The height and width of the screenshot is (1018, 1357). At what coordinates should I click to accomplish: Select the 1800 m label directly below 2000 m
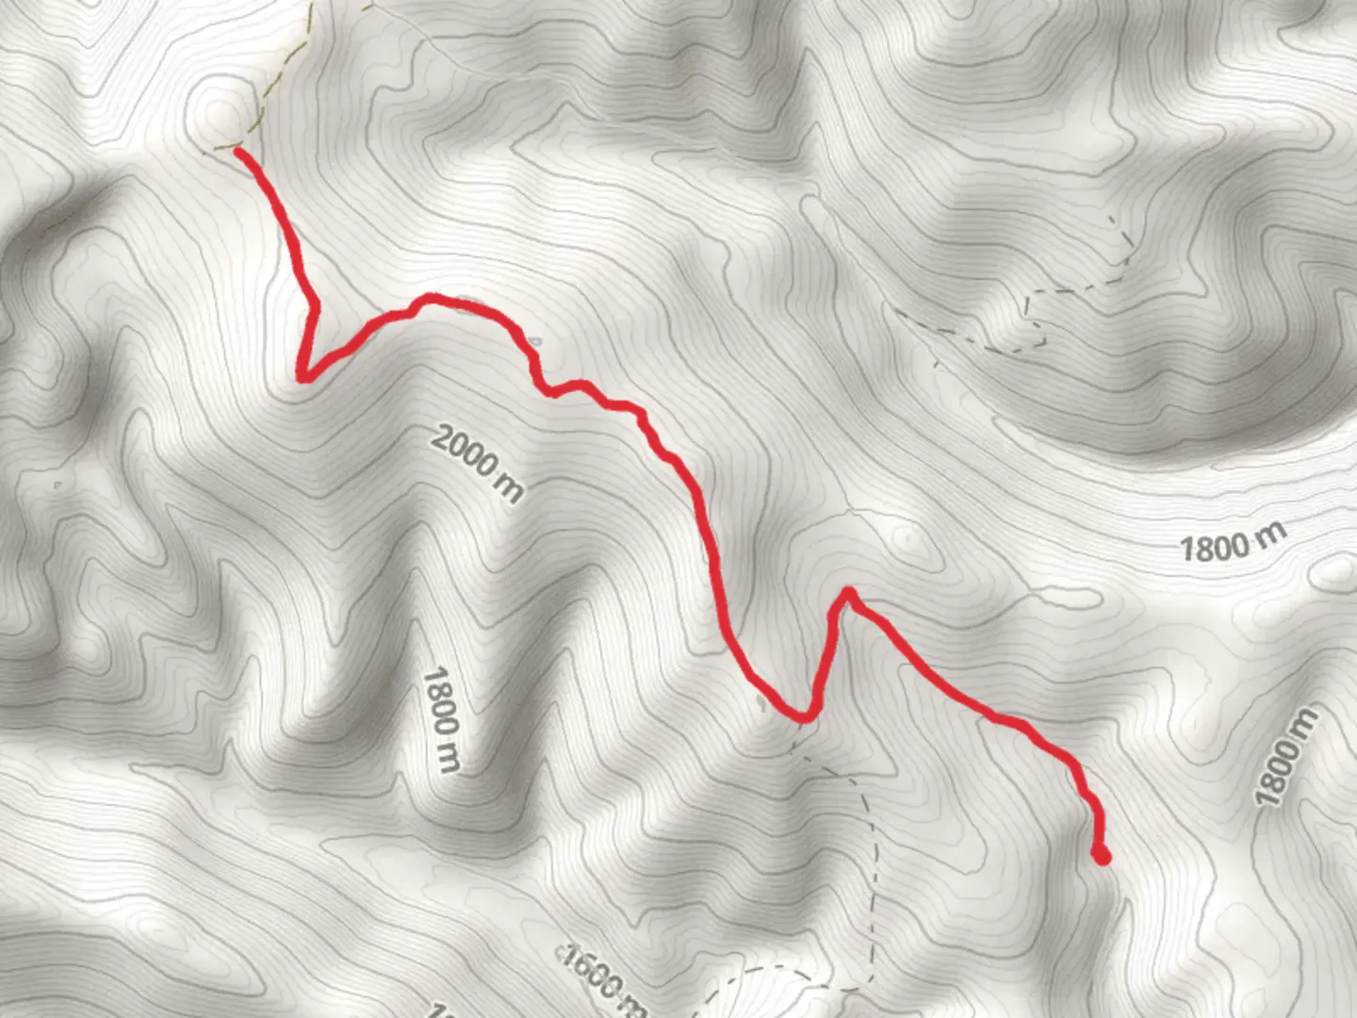tap(441, 720)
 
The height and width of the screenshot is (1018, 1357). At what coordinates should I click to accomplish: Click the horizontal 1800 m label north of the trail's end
tap(1233, 544)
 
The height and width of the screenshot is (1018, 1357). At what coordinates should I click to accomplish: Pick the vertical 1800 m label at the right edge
tap(1287, 758)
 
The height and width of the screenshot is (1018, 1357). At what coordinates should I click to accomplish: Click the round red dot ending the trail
tap(1101, 856)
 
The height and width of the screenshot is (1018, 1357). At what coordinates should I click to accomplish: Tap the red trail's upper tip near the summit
tap(237, 151)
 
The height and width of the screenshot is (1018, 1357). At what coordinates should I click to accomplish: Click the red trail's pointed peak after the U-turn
tap(848, 593)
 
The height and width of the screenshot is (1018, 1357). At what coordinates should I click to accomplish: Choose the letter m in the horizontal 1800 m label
tap(1272, 534)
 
